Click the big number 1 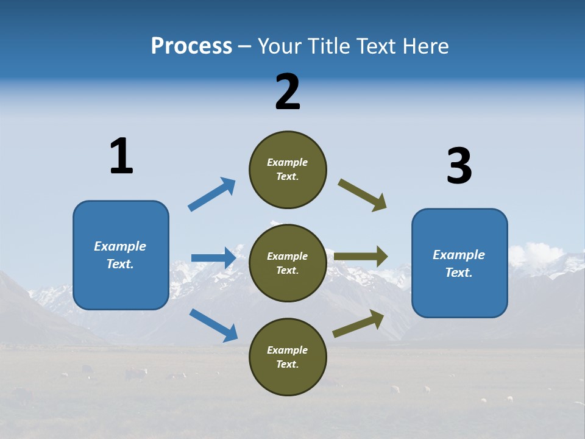pos(121,156)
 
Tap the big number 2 pos(288,92)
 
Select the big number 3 pos(459,166)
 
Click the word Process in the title pos(191,46)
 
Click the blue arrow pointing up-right pos(211,195)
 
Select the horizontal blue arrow pos(213,258)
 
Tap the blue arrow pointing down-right pos(213,324)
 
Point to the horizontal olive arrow pos(361,257)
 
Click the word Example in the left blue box pos(120,246)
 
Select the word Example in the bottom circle pos(288,350)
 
